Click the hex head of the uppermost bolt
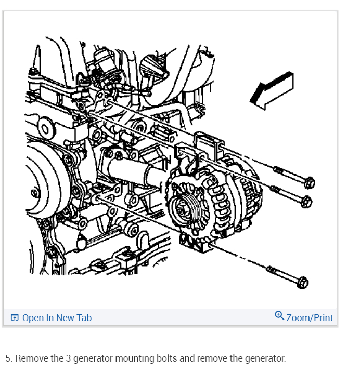click(309, 182)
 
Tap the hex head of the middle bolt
click(306, 201)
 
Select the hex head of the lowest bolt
click(302, 282)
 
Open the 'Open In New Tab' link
click(57, 317)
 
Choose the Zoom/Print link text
click(310, 317)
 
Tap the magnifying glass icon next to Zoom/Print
click(279, 316)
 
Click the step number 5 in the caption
click(8, 358)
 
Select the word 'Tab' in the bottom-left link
click(84, 317)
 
